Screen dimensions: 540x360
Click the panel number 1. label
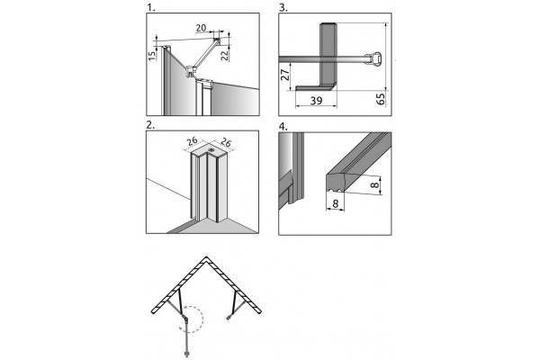point(151,7)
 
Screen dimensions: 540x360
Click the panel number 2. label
point(150,125)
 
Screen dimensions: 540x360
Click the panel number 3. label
point(283,7)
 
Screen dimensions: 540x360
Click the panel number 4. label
point(283,126)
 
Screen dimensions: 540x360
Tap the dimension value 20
point(201,28)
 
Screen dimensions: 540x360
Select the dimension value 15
point(152,55)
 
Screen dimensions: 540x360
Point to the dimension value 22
point(225,55)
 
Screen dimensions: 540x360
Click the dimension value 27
point(284,75)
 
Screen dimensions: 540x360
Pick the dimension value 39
point(316,101)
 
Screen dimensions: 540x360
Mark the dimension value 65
point(381,99)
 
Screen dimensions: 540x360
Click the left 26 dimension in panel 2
point(193,140)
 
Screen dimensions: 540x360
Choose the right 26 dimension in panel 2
point(226,141)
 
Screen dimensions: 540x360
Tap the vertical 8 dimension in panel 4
point(374,185)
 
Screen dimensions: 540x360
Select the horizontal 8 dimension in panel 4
point(335,204)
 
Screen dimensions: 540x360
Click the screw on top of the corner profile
point(210,150)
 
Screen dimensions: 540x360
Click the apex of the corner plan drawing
point(206,257)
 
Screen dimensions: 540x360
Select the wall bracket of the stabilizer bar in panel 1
point(217,41)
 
